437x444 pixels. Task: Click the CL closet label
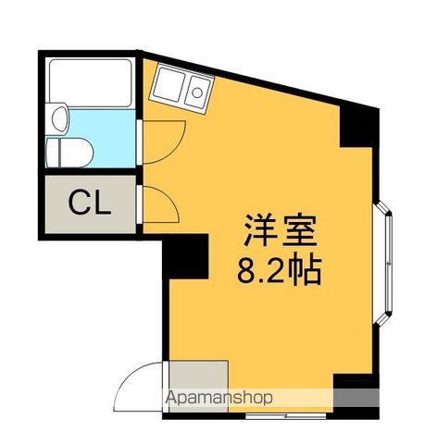(90, 203)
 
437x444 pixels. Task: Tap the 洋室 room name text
(281, 230)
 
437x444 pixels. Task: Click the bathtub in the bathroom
(91, 83)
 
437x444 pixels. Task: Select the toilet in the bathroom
(69, 153)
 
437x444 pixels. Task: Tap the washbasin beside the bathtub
(60, 118)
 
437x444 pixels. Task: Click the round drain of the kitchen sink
(197, 92)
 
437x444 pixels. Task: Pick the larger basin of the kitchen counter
(169, 84)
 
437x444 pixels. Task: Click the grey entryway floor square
(199, 386)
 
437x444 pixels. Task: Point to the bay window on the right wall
(383, 263)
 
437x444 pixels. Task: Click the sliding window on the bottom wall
(286, 416)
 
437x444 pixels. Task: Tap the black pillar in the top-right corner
(359, 126)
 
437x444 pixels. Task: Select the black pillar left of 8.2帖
(185, 256)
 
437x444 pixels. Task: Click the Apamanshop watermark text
(219, 398)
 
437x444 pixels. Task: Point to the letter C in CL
(80, 203)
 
